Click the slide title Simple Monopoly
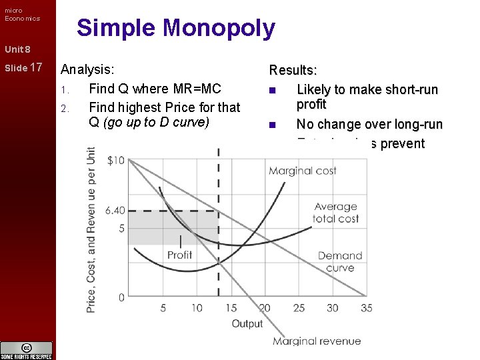pos(175,28)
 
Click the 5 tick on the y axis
pos(121,229)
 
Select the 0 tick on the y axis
pos(121,297)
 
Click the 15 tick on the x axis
pos(231,308)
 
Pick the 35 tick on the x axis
pos(366,308)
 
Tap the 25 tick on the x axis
pos(299,308)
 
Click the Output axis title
pos(247,324)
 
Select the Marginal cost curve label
pos(302,171)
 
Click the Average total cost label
pos(336,213)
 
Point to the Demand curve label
pos(340,261)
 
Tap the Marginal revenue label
pos(317,341)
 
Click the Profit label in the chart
pos(179,255)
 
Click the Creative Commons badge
pos(27,350)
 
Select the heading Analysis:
pos(87,69)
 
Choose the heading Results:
pos(293,70)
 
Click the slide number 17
pos(36,67)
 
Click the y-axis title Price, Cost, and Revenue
pos(91,230)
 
